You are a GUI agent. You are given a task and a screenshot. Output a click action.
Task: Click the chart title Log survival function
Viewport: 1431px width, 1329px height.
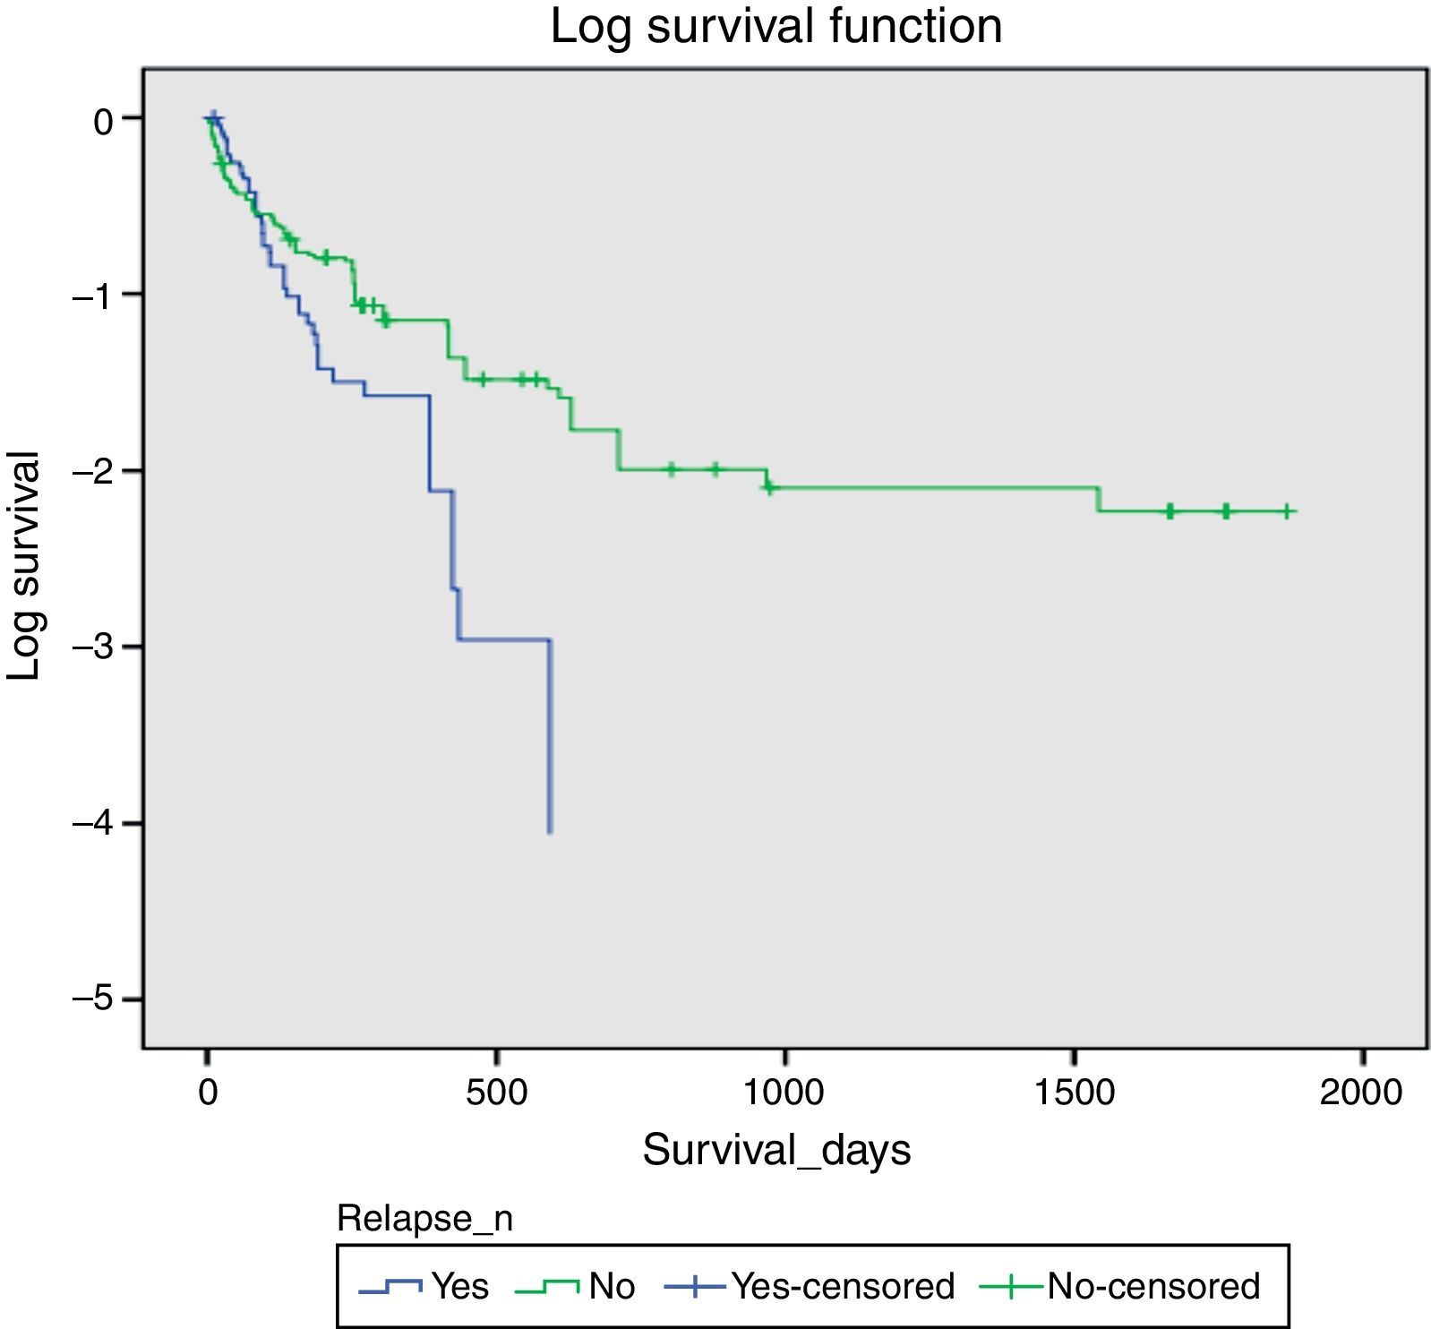click(775, 26)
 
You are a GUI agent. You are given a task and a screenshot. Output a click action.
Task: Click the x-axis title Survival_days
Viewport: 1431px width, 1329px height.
click(776, 1150)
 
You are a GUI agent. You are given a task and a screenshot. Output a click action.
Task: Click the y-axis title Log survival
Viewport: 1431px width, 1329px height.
click(24, 566)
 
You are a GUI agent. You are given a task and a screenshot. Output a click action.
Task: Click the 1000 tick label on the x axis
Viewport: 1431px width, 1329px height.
click(784, 1093)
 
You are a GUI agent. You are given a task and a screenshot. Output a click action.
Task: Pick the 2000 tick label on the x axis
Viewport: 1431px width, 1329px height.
click(1360, 1093)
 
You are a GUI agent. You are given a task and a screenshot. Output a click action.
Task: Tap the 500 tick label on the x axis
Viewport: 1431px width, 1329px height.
click(495, 1093)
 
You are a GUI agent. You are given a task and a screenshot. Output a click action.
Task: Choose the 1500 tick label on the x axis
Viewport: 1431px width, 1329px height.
click(1072, 1093)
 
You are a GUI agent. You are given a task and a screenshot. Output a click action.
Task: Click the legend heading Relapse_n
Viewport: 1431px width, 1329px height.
click(424, 1219)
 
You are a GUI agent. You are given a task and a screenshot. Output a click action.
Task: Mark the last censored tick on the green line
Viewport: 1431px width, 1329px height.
click(1286, 511)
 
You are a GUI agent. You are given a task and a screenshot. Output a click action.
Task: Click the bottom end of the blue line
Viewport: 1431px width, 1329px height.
click(550, 832)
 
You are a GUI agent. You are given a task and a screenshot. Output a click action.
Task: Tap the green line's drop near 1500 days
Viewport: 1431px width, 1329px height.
click(1098, 499)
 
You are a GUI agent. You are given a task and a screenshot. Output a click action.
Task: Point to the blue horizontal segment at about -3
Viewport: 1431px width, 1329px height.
click(503, 639)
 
